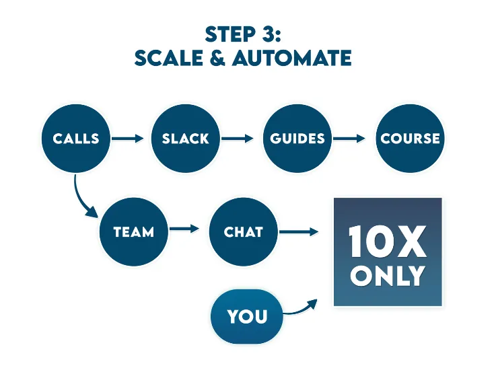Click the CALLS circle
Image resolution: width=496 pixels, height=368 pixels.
pyautogui.click(x=76, y=138)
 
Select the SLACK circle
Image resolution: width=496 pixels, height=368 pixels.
pyautogui.click(x=186, y=138)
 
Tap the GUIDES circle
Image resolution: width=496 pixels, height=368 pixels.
pyautogui.click(x=297, y=138)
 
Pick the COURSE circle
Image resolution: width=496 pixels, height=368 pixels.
pyautogui.click(x=410, y=138)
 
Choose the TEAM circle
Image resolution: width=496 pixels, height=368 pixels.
pyautogui.click(x=133, y=231)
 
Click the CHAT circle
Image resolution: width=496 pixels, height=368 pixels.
pyautogui.click(x=244, y=231)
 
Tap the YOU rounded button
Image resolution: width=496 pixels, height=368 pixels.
pyautogui.click(x=247, y=316)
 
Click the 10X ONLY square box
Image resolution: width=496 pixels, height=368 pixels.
pyautogui.click(x=388, y=252)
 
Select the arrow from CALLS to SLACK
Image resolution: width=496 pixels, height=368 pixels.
pyautogui.click(x=128, y=139)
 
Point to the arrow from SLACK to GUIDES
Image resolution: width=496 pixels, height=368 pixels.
pyautogui.click(x=238, y=139)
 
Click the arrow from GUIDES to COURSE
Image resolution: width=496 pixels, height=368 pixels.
pyautogui.click(x=349, y=139)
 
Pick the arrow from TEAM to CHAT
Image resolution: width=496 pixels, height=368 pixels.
pyautogui.click(x=185, y=228)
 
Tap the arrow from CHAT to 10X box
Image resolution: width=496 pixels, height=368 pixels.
pyautogui.click(x=299, y=232)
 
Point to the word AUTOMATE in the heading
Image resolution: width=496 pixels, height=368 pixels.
pyautogui.click(x=292, y=59)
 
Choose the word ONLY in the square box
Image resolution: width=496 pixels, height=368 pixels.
pyautogui.click(x=388, y=276)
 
